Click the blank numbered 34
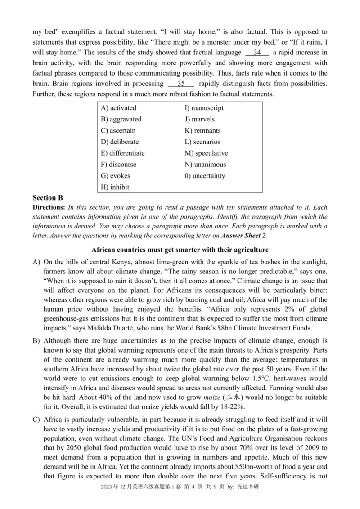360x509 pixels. click(257, 53)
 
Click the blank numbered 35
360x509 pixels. click(181, 84)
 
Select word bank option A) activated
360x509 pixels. click(119, 108)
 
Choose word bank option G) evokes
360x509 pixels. click(116, 176)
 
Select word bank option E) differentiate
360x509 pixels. click(123, 153)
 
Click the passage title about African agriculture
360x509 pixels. click(180, 250)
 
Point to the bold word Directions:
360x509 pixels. click(49, 207)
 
